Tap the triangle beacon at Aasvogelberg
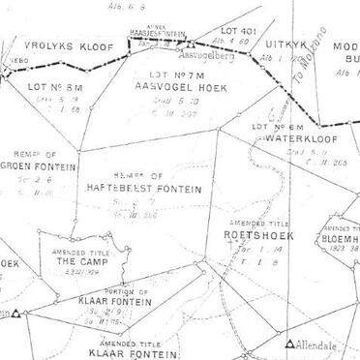pyautogui.click(x=193, y=44)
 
